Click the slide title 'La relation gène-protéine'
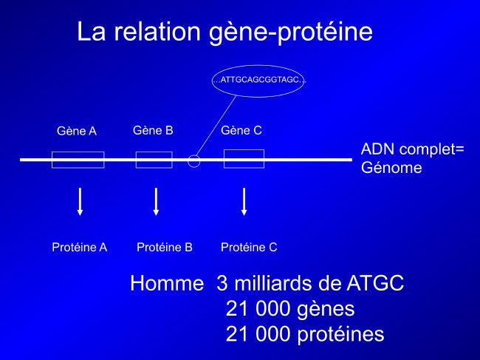[x=224, y=33]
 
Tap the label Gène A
[x=77, y=131]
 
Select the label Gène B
[x=153, y=130]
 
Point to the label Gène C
[x=241, y=130]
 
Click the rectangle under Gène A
[x=78, y=152]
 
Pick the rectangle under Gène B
[x=154, y=152]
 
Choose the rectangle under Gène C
[x=244, y=150]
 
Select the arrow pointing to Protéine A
[x=80, y=202]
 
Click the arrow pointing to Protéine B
[x=156, y=202]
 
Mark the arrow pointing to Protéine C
[x=244, y=202]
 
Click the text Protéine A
[x=80, y=247]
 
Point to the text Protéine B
[x=165, y=247]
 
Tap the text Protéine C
[x=249, y=247]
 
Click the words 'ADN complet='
[x=413, y=150]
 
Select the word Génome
[x=391, y=167]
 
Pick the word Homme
[x=167, y=283]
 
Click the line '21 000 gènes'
[x=290, y=309]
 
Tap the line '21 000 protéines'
[x=305, y=334]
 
